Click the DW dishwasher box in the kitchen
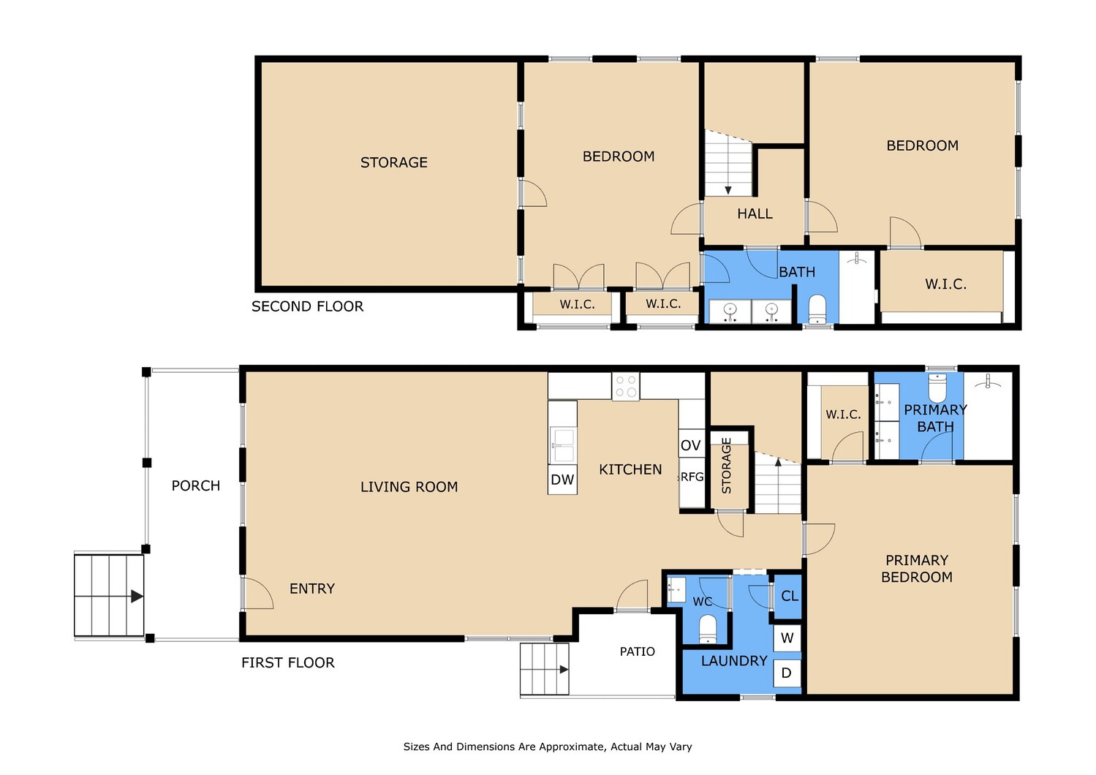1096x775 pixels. [562, 480]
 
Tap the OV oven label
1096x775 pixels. [690, 445]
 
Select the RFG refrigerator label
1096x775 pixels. [692, 477]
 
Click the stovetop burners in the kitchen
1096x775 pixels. [626, 387]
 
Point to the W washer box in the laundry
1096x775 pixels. [787, 638]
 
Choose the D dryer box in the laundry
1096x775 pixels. [787, 673]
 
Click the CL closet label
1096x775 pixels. [790, 596]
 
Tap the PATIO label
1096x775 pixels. [637, 651]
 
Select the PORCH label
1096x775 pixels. [196, 486]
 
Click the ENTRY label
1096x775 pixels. [312, 589]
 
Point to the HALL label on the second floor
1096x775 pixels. [755, 213]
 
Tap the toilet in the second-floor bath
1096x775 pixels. [817, 309]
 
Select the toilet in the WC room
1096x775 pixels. [708, 630]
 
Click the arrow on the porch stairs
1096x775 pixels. [137, 597]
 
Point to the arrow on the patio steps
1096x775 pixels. [564, 669]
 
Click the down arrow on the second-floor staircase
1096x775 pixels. [728, 190]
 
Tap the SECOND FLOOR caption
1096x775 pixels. [307, 307]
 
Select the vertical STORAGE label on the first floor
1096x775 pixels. [727, 466]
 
